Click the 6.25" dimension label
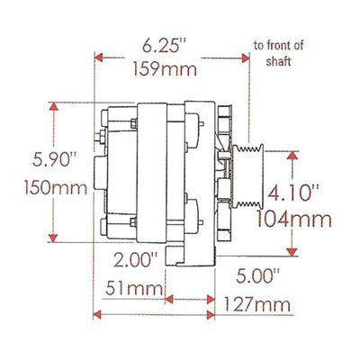pyautogui.click(x=164, y=46)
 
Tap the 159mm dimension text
pyautogui.click(x=165, y=69)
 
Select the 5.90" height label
pyautogui.click(x=54, y=159)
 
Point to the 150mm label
pyautogui.click(x=56, y=188)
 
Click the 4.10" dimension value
pyautogui.click(x=292, y=193)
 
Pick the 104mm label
pyautogui.click(x=294, y=220)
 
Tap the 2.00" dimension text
pyautogui.click(x=136, y=259)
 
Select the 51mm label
pyautogui.click(x=134, y=289)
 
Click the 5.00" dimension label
pyautogui.click(x=257, y=276)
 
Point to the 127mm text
pyautogui.click(x=257, y=305)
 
